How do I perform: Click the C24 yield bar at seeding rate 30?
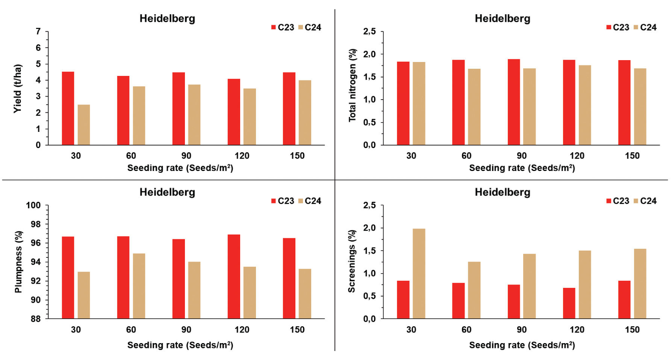(x=84, y=125)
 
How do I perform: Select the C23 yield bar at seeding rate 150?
(x=289, y=109)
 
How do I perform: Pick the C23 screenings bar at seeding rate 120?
(x=569, y=303)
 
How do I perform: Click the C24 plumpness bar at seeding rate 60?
(x=139, y=286)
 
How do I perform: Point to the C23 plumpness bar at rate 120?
(x=234, y=277)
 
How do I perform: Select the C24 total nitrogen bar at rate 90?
(x=529, y=107)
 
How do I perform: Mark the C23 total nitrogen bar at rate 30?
(x=403, y=103)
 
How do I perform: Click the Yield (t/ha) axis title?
(x=18, y=89)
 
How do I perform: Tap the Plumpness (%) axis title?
(x=18, y=262)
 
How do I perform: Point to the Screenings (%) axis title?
(x=352, y=262)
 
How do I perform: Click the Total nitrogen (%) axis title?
(x=352, y=85)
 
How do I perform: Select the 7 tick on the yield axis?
(x=38, y=32)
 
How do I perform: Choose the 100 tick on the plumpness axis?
(x=33, y=206)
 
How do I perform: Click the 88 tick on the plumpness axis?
(x=36, y=319)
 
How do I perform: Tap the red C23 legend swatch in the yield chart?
(x=274, y=27)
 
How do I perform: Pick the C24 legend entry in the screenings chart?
(x=645, y=201)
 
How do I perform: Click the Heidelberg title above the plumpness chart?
(x=167, y=192)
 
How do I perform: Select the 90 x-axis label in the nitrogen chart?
(x=521, y=156)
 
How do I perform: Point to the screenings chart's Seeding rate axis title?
(x=522, y=345)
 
